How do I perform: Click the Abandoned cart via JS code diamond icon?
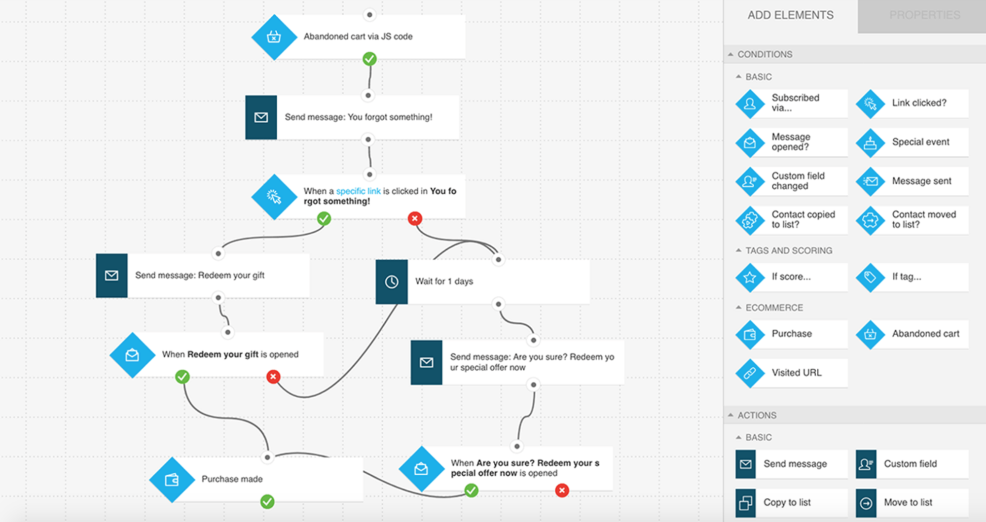click(274, 37)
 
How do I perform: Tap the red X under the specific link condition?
click(415, 218)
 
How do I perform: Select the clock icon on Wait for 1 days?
click(392, 281)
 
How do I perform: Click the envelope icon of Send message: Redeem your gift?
click(111, 276)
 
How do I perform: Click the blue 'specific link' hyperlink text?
click(358, 191)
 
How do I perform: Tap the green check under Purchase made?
click(267, 502)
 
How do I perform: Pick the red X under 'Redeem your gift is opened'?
click(273, 377)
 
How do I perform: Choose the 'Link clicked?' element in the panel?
click(912, 103)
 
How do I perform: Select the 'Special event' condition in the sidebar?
click(912, 142)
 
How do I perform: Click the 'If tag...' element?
click(912, 277)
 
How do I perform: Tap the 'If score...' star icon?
click(750, 277)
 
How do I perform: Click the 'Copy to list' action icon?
click(746, 503)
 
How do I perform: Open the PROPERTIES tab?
click(924, 15)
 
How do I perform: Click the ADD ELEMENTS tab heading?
click(790, 15)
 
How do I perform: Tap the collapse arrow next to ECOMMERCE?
click(738, 308)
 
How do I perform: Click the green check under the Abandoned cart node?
click(369, 59)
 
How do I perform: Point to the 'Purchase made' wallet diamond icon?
click(172, 480)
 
